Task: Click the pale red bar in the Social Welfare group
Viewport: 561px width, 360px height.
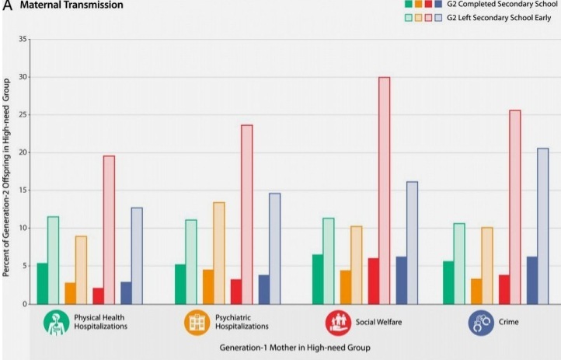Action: coord(384,190)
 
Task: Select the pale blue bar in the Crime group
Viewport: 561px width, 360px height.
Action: coord(542,225)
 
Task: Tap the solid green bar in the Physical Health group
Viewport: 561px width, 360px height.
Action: coord(43,284)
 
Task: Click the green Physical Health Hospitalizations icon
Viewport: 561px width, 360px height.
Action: coord(56,323)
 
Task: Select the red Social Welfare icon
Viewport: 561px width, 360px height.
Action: coord(337,323)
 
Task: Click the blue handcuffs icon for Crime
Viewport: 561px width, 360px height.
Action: coord(481,323)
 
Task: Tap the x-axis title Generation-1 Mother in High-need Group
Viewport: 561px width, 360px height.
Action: coord(294,347)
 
